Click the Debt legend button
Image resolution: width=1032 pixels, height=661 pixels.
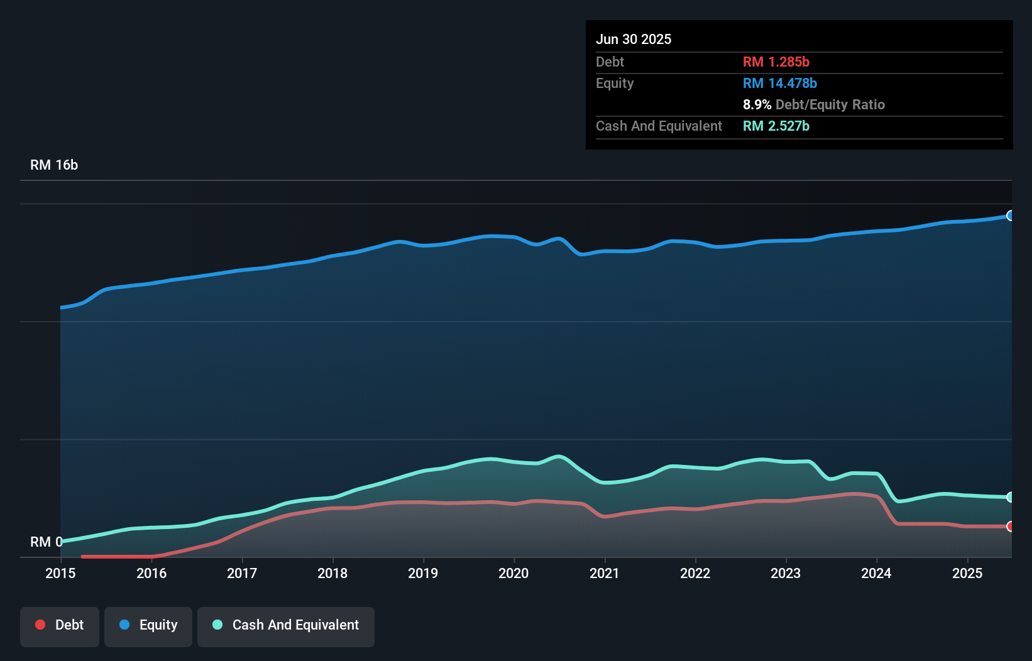60,625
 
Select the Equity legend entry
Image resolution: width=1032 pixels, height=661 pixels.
148,625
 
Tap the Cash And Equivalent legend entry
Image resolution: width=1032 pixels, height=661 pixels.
286,625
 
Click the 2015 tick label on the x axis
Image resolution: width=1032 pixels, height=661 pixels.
60,573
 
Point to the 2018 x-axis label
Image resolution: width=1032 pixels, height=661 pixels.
332,573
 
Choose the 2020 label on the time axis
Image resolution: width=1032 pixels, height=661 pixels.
513,573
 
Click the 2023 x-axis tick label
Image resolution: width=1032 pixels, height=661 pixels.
786,573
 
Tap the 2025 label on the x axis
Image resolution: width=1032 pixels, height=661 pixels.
967,573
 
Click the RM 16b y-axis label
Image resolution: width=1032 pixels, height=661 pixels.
54,165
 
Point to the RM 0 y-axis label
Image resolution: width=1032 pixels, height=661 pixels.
46,542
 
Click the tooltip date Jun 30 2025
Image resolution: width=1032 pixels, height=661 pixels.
634,40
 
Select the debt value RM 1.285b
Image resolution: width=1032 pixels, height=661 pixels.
776,62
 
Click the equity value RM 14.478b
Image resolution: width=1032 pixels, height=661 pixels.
779,84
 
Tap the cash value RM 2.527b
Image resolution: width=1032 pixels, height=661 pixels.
776,126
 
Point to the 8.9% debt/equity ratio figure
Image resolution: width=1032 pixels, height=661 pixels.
757,105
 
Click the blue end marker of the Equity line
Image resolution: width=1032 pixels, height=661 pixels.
1010,216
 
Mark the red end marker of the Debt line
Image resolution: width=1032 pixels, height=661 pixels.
1010,527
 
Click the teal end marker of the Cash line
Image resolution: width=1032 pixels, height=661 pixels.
1010,497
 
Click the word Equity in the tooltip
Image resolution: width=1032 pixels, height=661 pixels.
615,84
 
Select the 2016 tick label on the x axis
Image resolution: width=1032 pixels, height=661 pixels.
151,573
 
